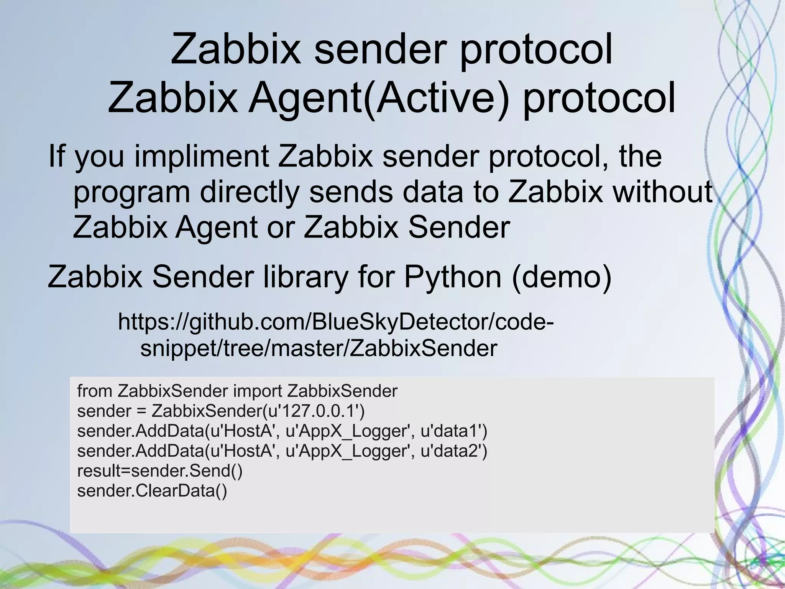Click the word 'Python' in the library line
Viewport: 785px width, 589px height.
(452, 277)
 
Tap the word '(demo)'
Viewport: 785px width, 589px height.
(562, 277)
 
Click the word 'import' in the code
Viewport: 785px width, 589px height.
(258, 391)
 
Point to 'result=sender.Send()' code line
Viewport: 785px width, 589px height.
(160, 471)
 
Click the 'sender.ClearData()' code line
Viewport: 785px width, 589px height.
(152, 491)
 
